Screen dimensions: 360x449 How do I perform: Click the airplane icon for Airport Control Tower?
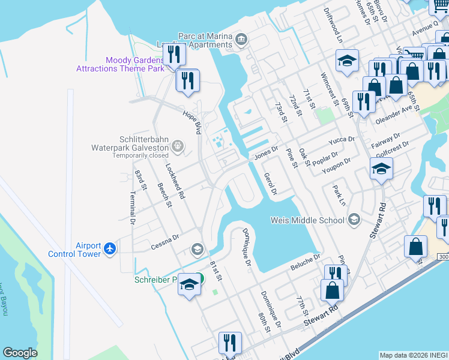pyautogui.click(x=109, y=248)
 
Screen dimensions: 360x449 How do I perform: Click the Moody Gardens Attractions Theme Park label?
pyautogui.click(x=120, y=64)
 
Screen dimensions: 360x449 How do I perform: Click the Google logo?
pyautogui.click(x=20, y=353)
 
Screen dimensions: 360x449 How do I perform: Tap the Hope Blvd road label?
pyautogui.click(x=192, y=122)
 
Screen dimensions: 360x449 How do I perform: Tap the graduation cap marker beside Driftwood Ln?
pyautogui.click(x=347, y=61)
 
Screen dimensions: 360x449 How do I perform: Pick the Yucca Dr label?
pyautogui.click(x=342, y=142)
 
